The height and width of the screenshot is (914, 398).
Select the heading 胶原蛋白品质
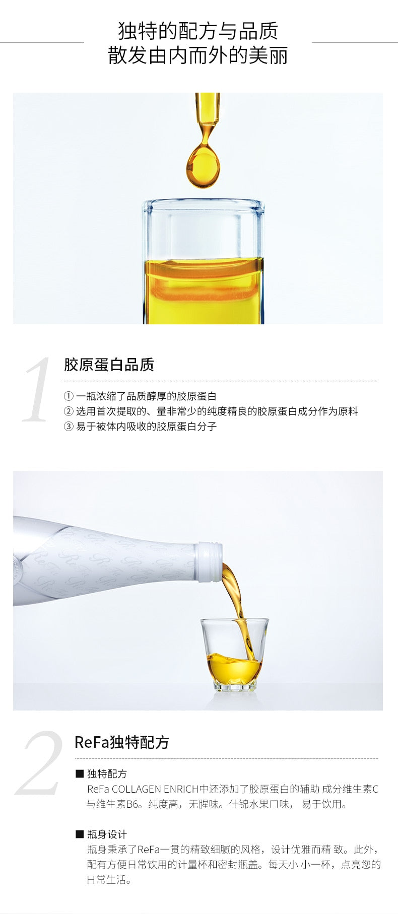(109, 365)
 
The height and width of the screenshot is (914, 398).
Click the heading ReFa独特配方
(122, 742)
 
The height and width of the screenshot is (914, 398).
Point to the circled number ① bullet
(69, 396)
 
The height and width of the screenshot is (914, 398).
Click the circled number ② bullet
(69, 411)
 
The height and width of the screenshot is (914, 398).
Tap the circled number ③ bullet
(69, 427)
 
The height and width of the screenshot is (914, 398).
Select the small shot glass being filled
(235, 654)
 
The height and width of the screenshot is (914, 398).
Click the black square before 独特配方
(80, 773)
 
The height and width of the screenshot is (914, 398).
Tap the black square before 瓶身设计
(80, 834)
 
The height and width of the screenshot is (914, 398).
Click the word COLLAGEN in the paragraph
(136, 789)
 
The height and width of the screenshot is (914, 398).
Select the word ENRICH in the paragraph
(181, 789)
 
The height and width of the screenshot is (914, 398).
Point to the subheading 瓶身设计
(107, 834)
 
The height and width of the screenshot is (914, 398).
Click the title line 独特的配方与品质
(198, 31)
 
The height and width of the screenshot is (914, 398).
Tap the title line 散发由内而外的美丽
(198, 55)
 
